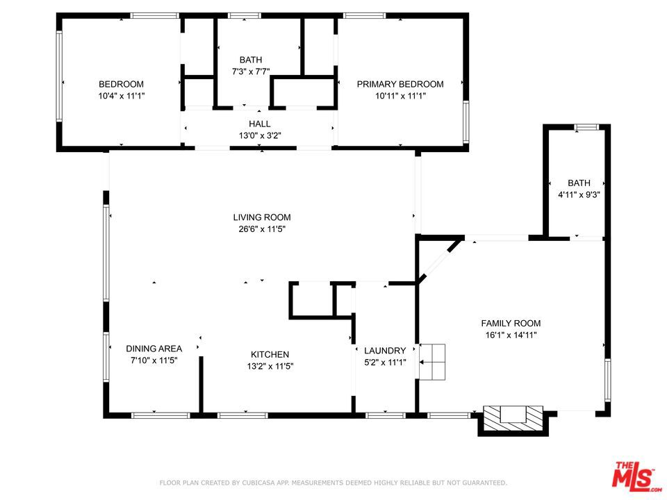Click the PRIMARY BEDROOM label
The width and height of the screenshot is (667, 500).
click(400, 84)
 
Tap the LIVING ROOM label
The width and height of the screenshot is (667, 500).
click(262, 217)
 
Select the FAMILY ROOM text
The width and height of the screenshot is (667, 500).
click(511, 323)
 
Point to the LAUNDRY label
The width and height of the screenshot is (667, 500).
click(385, 350)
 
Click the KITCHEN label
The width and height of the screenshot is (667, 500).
click(270, 354)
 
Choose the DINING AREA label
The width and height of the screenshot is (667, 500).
click(154, 349)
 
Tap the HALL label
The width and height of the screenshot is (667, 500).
click(259, 124)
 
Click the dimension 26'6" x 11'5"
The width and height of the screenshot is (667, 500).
click(262, 229)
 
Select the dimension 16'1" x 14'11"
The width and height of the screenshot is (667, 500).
click(511, 335)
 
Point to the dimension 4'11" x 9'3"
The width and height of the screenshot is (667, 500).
click(579, 194)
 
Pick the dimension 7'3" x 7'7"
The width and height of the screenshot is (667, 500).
click(251, 72)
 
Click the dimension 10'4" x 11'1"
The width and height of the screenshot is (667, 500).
click(121, 96)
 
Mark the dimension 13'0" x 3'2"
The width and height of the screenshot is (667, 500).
click(259, 135)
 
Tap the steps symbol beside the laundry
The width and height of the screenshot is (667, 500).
click(432, 362)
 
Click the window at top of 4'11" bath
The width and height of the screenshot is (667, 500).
click(586, 126)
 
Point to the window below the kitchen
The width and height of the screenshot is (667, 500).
click(242, 415)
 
